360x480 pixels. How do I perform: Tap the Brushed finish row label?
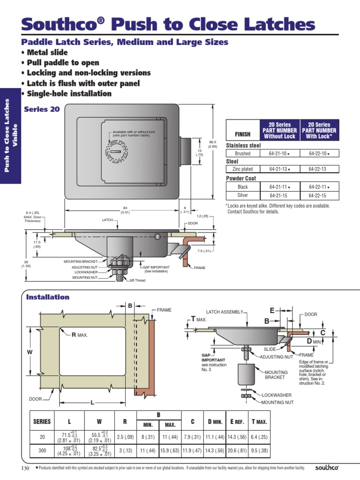242,153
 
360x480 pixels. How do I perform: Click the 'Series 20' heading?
42,109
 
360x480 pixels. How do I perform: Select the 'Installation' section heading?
48,297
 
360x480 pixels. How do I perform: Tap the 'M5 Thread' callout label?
137,280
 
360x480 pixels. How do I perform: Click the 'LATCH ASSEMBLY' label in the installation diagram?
225,312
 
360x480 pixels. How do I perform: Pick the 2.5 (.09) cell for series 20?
124,437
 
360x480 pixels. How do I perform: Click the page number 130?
25,468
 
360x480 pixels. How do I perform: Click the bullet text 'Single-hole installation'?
69,94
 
